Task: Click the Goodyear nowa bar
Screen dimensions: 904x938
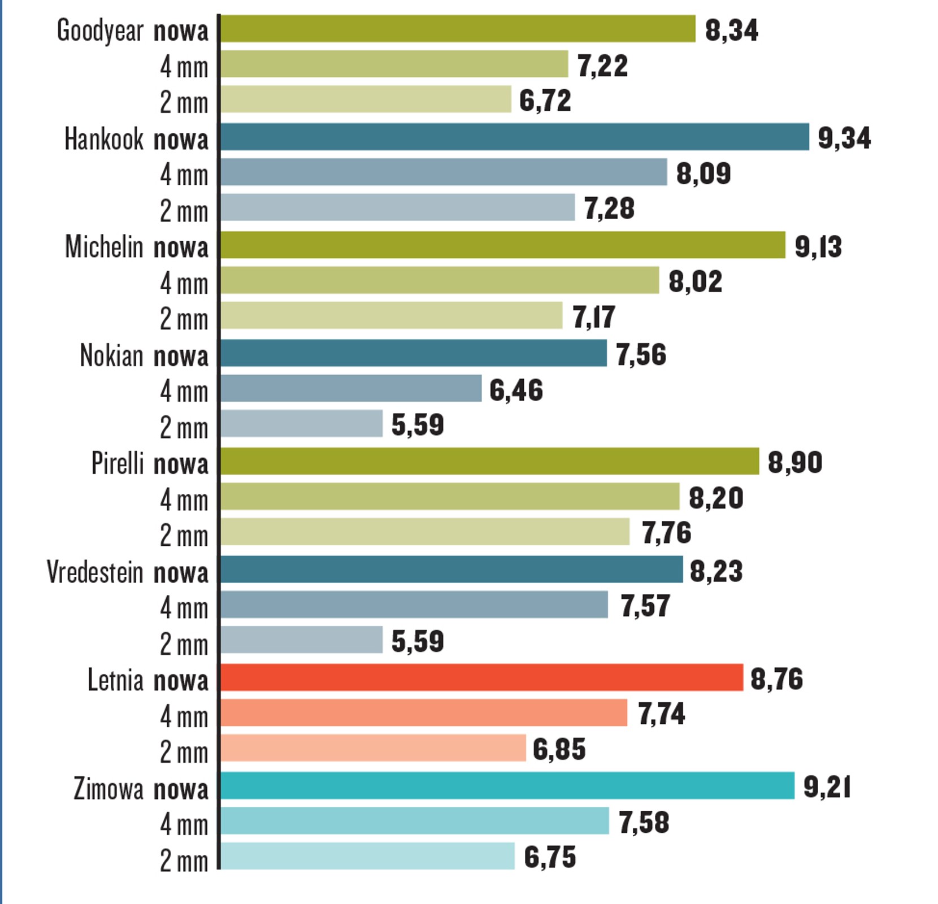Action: coord(458,29)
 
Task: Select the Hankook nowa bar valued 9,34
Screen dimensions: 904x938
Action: coord(514,137)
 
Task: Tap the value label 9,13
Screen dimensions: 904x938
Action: coord(818,247)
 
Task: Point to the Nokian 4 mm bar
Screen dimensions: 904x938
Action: coord(350,389)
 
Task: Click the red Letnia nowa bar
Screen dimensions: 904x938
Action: coord(481,677)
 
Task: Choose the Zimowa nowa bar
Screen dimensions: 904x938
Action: coord(507,786)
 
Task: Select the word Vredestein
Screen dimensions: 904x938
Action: coord(95,572)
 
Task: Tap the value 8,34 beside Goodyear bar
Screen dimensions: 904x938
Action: coord(731,30)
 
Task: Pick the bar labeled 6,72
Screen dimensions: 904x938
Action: coord(366,99)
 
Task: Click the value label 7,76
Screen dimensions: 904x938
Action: coord(666,533)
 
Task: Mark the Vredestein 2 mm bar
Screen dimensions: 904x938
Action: coord(301,640)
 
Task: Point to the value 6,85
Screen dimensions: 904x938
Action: coord(559,749)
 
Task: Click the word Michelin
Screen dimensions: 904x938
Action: coord(104,247)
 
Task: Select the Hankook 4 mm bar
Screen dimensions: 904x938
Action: coord(444,172)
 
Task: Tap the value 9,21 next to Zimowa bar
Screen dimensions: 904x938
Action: coord(827,787)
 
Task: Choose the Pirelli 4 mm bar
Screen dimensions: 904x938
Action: coord(450,497)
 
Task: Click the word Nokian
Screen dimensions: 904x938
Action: coord(111,355)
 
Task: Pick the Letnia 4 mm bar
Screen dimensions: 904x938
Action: coord(424,712)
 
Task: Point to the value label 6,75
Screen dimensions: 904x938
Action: coord(550,857)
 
